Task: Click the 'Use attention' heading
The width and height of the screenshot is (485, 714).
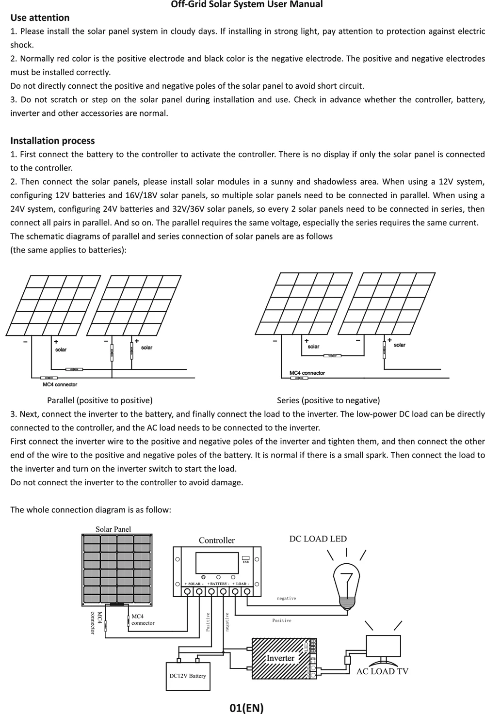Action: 40,18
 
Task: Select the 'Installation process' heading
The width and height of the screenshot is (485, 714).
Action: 52,141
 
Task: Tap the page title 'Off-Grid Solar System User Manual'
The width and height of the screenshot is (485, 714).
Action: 246,5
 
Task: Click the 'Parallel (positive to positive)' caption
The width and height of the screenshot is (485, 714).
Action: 99,400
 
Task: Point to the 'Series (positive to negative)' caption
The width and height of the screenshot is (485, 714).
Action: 328,400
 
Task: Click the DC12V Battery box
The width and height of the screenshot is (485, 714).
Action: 188,676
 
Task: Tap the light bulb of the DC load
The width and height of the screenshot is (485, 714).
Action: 346,582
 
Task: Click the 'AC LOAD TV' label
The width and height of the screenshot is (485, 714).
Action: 382,671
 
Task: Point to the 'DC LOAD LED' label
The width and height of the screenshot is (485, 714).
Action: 318,539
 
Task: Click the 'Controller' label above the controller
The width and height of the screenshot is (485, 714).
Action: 216,540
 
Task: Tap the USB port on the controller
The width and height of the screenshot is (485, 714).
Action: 245,559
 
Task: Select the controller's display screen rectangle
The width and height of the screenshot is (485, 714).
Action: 217,563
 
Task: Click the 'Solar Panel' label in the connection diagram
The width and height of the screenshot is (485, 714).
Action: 113,529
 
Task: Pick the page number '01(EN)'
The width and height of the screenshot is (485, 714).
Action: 246,708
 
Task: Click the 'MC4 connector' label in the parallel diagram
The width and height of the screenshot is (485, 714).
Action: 60,385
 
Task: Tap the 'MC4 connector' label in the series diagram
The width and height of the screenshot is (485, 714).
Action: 307,373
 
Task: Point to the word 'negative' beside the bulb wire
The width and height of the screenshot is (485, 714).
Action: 286,599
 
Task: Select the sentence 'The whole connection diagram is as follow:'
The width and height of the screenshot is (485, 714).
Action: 91,510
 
